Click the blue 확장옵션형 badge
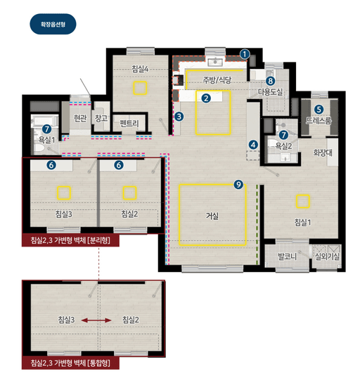[x=53, y=24]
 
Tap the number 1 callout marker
[x=245, y=54]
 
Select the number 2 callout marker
[x=206, y=98]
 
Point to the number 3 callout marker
[x=179, y=117]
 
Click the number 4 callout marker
[x=253, y=145]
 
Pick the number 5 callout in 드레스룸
[x=319, y=110]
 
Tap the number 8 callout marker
[x=270, y=81]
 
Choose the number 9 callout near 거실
[x=238, y=184]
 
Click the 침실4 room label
[x=140, y=69]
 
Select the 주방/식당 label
[x=217, y=80]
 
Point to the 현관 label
[x=80, y=118]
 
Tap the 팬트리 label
[x=129, y=124]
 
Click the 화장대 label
[x=323, y=152]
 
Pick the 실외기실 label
[x=327, y=256]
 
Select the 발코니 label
[x=287, y=256]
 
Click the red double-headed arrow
[x=96, y=320]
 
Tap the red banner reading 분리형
[x=70, y=240]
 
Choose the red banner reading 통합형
[x=70, y=363]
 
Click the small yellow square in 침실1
[x=303, y=201]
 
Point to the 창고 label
[x=101, y=118]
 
